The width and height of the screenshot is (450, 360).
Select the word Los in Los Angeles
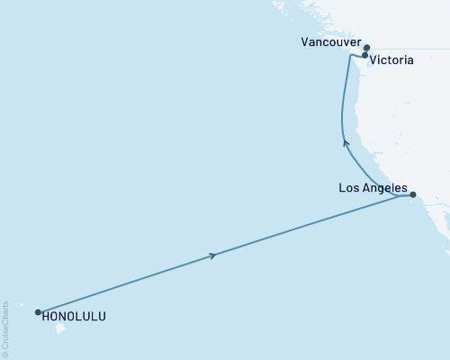click(349, 188)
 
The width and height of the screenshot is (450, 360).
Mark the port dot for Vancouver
click(366, 47)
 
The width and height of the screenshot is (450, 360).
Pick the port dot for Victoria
click(364, 56)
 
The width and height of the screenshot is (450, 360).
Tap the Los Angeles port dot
click(412, 194)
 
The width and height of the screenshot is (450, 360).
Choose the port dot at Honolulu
click(38, 312)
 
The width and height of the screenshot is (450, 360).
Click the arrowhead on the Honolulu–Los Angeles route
click(212, 256)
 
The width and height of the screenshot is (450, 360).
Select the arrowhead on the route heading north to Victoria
click(346, 141)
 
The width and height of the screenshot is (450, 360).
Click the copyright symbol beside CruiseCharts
click(6, 354)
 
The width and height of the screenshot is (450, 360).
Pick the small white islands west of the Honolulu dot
click(27, 310)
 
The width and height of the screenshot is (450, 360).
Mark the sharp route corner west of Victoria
click(349, 56)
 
